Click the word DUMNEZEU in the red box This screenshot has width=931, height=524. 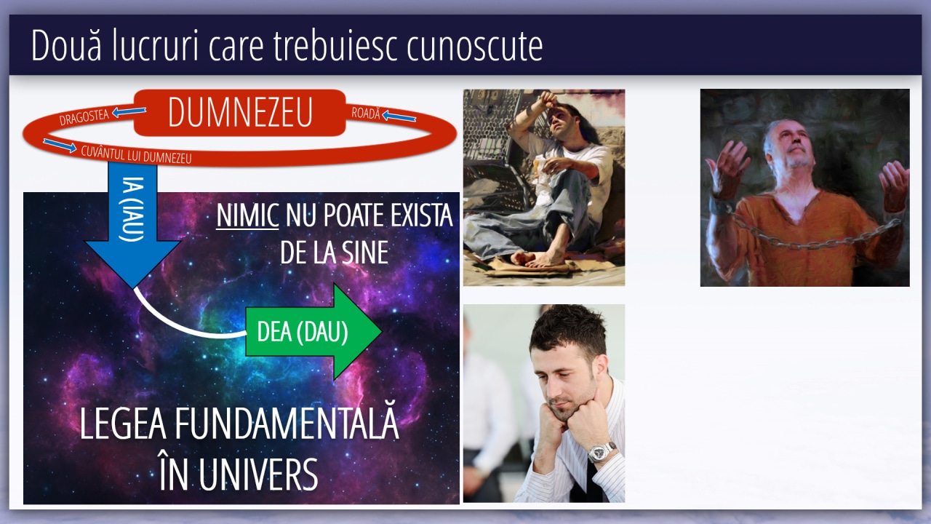point(240,112)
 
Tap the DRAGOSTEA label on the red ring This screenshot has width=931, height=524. point(84,117)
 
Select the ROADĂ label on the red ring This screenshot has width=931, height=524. point(366,113)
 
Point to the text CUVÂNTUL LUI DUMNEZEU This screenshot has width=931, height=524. point(136,155)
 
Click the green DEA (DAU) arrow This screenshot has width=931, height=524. point(313,332)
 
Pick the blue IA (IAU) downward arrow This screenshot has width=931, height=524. point(133,225)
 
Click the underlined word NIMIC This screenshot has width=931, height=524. point(247,215)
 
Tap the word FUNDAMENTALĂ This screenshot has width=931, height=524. point(287,424)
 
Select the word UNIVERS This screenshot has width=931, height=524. point(258,475)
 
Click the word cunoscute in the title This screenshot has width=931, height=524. point(475,46)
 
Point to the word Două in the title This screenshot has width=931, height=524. point(66,45)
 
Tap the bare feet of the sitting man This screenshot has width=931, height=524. point(537,258)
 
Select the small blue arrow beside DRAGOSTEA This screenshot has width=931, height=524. point(129,111)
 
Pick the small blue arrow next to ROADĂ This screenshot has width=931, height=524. point(399,116)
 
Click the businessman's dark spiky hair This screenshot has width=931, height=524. point(569,333)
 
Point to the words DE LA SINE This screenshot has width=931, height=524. point(334,253)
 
